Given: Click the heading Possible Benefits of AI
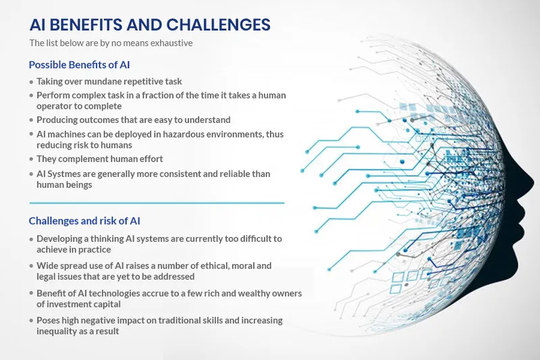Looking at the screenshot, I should coord(79,65).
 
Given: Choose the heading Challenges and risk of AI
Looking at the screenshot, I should coord(84,221).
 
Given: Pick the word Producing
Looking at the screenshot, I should coord(59,120).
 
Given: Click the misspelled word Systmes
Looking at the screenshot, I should coord(66,174).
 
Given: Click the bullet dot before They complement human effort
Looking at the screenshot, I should coord(31,159).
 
